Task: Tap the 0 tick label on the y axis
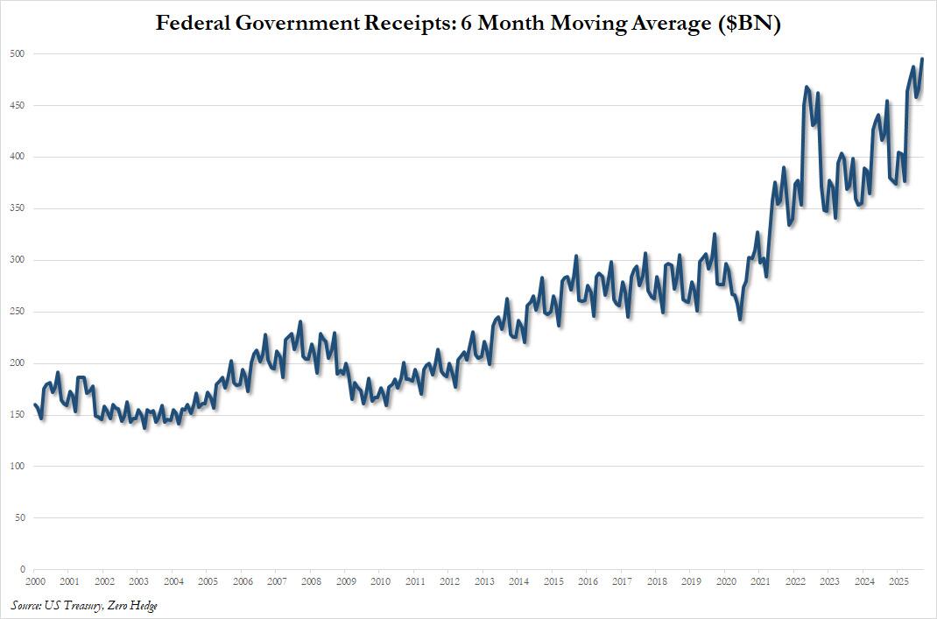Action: pyautogui.click(x=22, y=569)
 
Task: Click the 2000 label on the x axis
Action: pyautogui.click(x=35, y=581)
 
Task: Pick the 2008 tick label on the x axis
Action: pyautogui.click(x=311, y=581)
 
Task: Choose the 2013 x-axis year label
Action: pyautogui.click(x=483, y=581)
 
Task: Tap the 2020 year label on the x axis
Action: pyautogui.click(x=726, y=581)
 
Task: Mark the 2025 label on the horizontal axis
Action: pyautogui.click(x=898, y=581)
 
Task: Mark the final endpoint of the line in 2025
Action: pyautogui.click(x=922, y=60)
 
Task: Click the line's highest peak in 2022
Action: pyautogui.click(x=806, y=88)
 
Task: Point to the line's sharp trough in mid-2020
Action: pyautogui.click(x=741, y=320)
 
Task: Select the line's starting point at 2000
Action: pyautogui.click(x=35, y=404)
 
